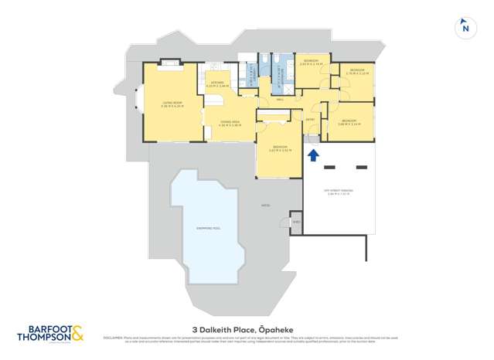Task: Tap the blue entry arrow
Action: (313, 155)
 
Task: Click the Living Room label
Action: (172, 103)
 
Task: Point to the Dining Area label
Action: (230, 123)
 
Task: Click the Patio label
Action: (265, 205)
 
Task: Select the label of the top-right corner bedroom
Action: (356, 71)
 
